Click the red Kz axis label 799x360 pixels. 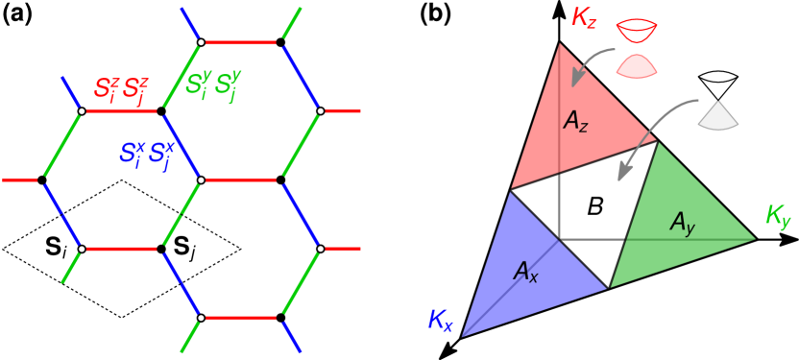click(x=585, y=18)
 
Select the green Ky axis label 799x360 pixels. click(x=777, y=217)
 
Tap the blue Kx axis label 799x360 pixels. click(x=440, y=322)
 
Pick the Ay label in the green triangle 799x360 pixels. click(x=682, y=224)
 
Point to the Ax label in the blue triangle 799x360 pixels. click(x=525, y=272)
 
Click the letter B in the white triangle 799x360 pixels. click(x=595, y=205)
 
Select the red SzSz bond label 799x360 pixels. click(x=121, y=89)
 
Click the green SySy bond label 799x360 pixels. click(x=213, y=84)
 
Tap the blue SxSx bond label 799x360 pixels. click(x=147, y=153)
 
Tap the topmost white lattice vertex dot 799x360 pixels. click(x=201, y=42)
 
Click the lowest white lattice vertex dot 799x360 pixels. click(x=201, y=317)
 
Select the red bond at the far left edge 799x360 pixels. click(x=20, y=180)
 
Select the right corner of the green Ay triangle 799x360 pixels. click(x=755, y=238)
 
